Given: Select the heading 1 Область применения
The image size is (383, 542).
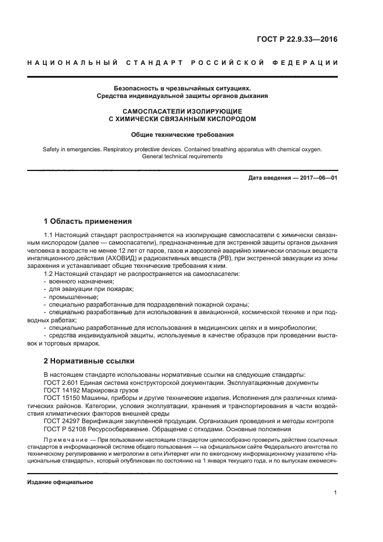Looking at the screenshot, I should tap(88, 221).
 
